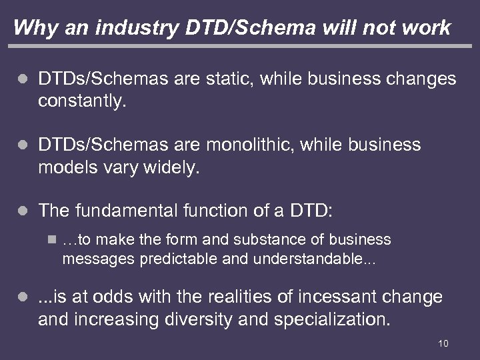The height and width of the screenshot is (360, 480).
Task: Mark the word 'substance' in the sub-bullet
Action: tap(246, 239)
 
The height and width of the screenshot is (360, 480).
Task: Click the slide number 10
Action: tap(443, 343)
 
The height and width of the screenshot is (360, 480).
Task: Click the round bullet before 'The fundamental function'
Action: tap(22, 212)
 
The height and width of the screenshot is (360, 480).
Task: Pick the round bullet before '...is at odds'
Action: tap(22, 296)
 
